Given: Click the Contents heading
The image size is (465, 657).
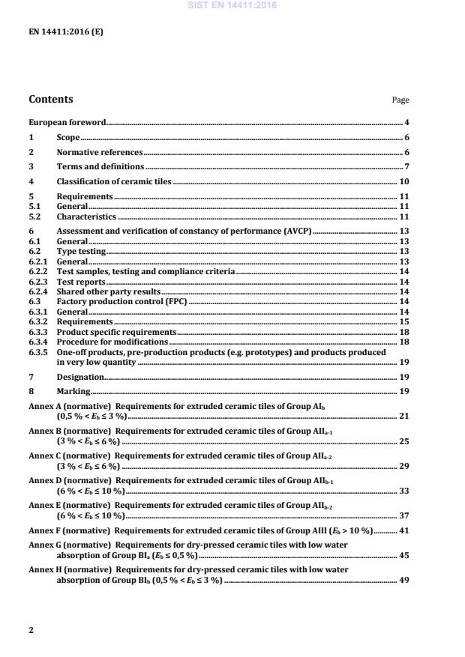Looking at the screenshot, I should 51,99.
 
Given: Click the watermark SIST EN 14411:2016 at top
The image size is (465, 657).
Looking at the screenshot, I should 232,4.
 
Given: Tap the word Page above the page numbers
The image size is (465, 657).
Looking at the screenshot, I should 400,100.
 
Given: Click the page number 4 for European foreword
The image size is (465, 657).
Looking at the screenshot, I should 406,122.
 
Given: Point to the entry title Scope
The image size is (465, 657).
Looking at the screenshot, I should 68,137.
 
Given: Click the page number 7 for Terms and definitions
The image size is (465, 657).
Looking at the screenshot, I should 406,166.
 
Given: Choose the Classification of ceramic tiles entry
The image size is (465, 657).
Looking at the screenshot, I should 114,181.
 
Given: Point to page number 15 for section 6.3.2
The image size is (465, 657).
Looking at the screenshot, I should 403,321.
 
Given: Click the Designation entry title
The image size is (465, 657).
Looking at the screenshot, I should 80,377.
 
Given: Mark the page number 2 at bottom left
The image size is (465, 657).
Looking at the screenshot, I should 31,630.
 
